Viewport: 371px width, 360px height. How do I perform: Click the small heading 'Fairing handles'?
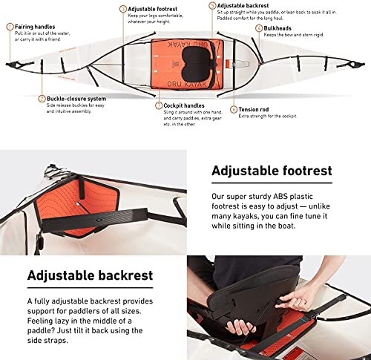pos(34,27)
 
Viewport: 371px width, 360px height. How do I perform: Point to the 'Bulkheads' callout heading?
pos(279,28)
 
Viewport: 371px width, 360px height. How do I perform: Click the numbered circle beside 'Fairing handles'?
pos(10,27)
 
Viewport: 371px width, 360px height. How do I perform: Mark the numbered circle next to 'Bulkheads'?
pos(258,28)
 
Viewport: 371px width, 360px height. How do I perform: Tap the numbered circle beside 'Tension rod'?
pos(234,110)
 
